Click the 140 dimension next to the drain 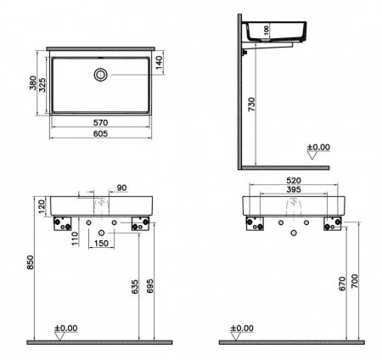click(157, 61)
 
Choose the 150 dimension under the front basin click(101, 244)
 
